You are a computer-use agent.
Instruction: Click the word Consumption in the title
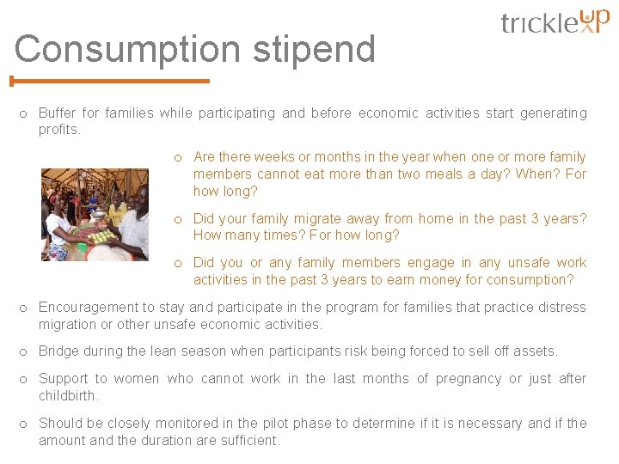coord(128,50)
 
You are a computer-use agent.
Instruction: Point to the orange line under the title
coord(110,82)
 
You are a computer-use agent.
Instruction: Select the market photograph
coord(95,214)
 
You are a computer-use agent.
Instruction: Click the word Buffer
coord(58,113)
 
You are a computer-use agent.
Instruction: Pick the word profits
coord(58,130)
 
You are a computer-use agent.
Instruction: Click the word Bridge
coord(59,351)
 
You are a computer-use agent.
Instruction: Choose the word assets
coord(536,351)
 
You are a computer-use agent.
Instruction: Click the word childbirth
coord(69,396)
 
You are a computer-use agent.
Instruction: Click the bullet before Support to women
coord(24,379)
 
